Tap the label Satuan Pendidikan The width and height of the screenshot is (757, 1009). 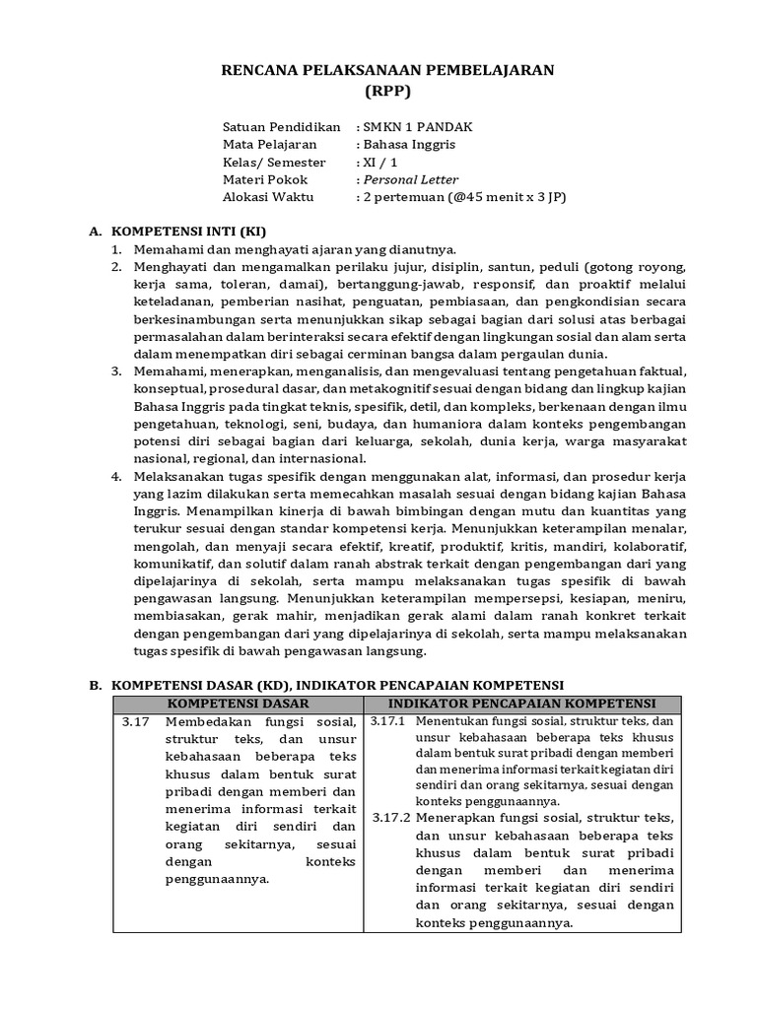click(281, 127)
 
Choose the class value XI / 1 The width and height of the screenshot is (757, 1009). click(380, 162)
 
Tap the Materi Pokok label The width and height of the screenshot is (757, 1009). click(264, 179)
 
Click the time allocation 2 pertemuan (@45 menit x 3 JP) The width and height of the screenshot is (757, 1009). click(464, 196)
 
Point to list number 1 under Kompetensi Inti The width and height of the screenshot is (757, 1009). click(115, 249)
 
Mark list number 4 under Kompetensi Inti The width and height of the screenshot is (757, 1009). click(115, 475)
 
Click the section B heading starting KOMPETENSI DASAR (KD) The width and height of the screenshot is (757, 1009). click(336, 683)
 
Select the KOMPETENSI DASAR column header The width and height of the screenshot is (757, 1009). click(238, 703)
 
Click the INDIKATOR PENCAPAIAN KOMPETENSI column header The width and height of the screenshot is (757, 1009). click(521, 703)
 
